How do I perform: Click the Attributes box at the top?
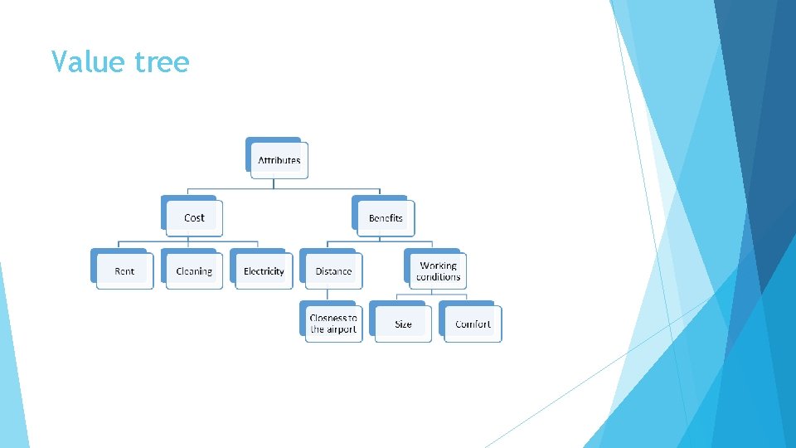[279, 159]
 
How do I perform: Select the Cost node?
[194, 217]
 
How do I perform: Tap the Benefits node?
[386, 217]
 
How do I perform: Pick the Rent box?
[124, 271]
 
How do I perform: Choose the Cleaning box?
[194, 271]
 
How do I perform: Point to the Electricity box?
[264, 271]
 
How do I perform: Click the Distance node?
[333, 271]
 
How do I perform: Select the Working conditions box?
[438, 271]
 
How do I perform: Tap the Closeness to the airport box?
[333, 324]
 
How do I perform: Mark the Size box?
[403, 324]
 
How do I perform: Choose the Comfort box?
[473, 324]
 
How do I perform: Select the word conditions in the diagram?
[438, 277]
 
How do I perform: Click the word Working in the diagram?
[438, 266]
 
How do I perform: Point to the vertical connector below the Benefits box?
[386, 241]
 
